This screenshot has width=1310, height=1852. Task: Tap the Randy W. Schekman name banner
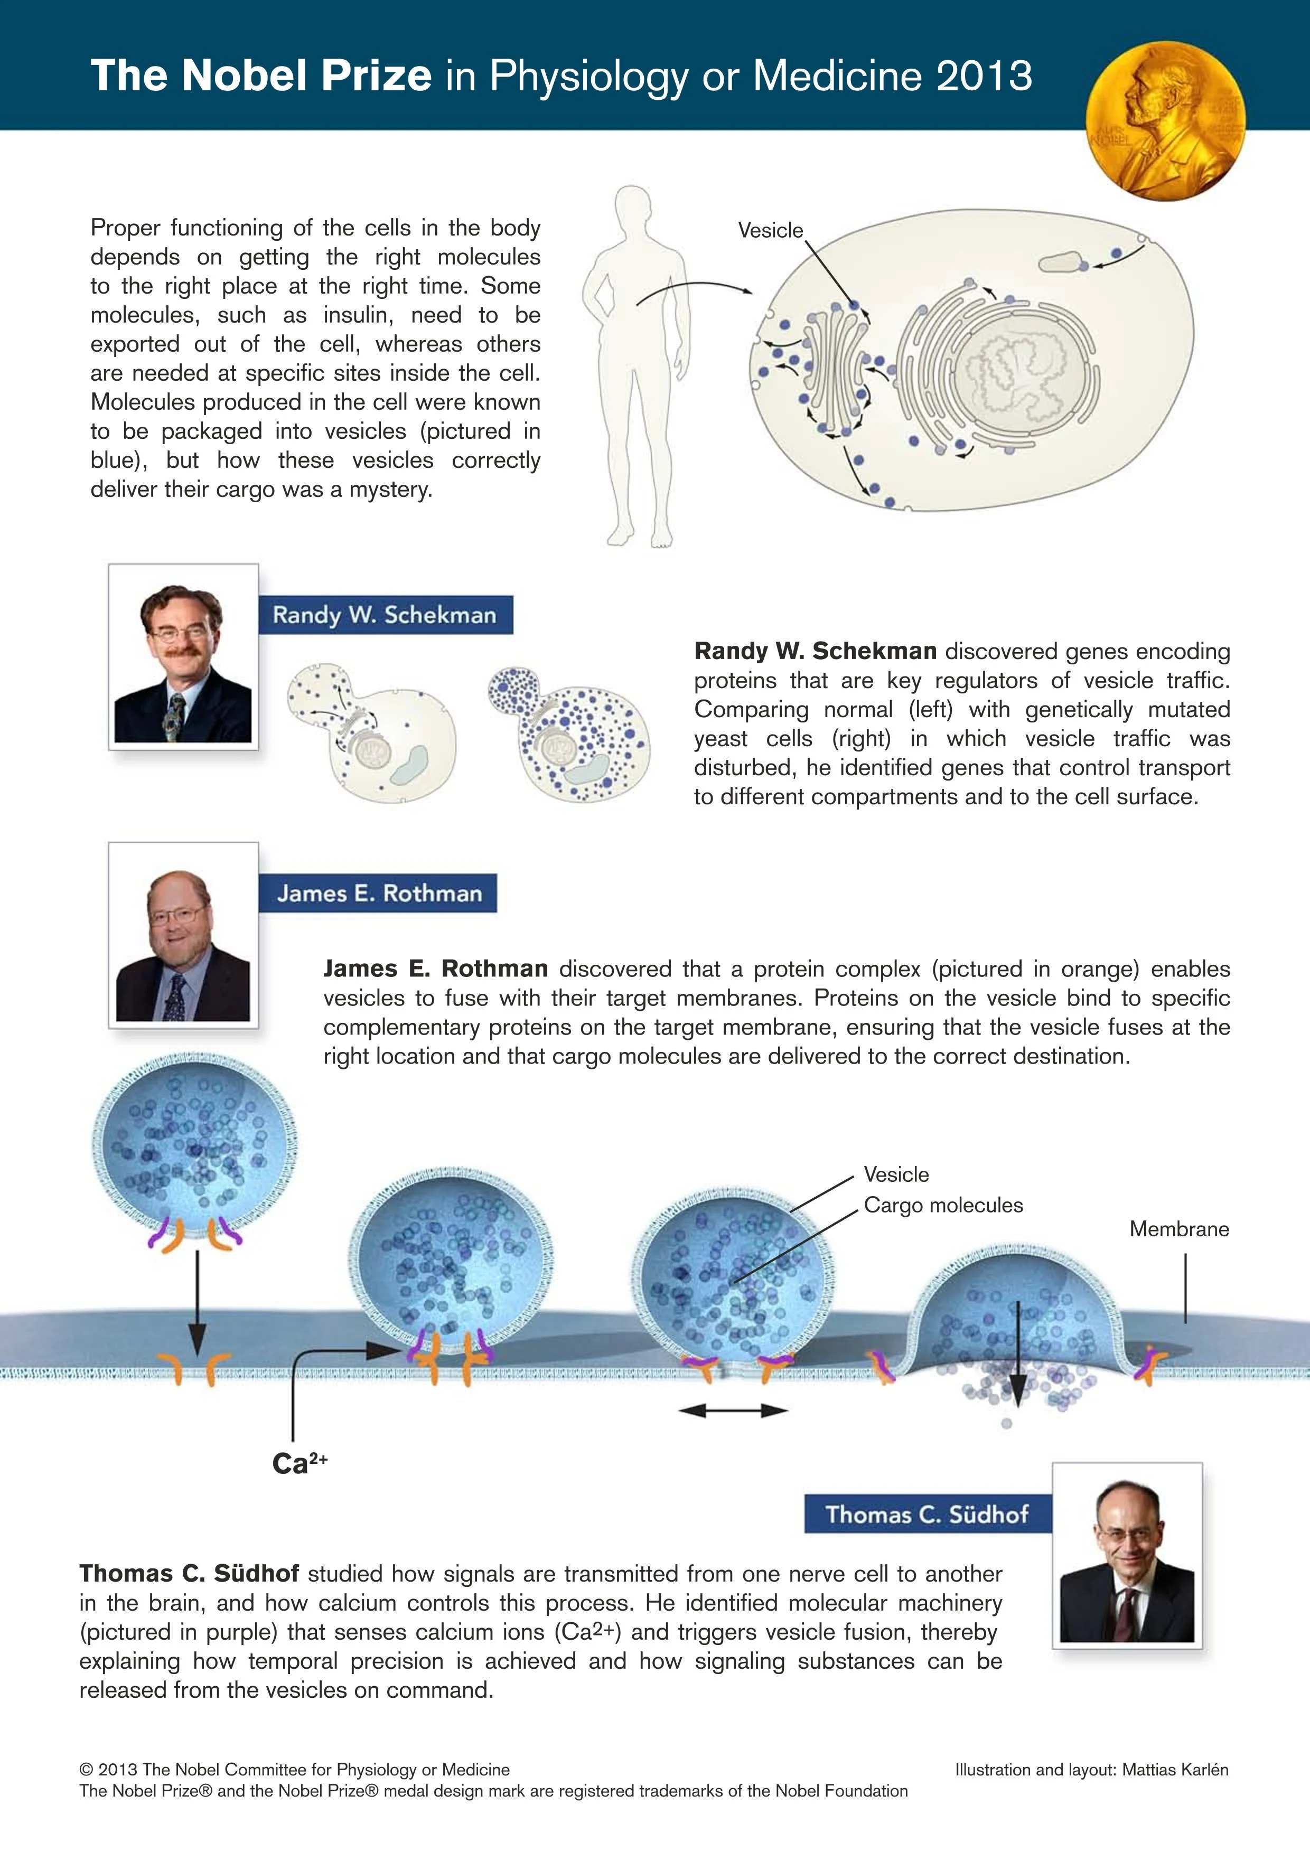pos(385,615)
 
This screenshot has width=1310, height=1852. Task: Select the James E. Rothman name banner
pos(378,893)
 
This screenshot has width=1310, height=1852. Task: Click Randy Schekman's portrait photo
pos(183,657)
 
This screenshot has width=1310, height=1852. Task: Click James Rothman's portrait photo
pos(183,936)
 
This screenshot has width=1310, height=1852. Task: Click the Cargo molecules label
pos(943,1205)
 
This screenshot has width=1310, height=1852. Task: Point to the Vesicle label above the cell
pos(770,231)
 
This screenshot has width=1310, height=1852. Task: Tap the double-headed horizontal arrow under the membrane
pos(733,1410)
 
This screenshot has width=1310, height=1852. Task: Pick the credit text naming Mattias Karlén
pos(1091,1770)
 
